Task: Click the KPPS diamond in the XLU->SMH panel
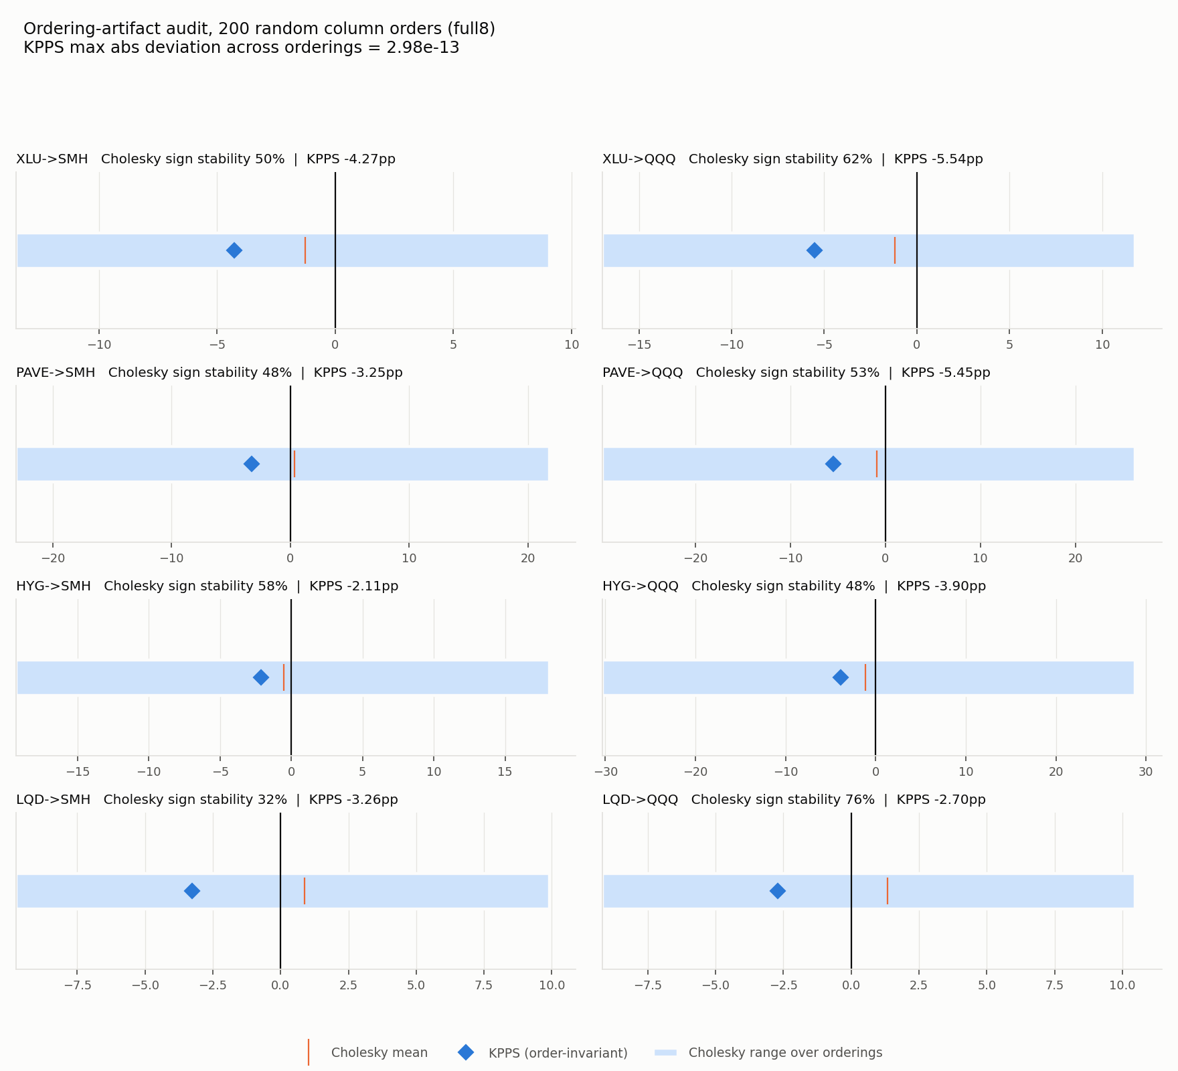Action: coord(234,250)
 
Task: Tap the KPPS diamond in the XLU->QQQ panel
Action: coord(815,250)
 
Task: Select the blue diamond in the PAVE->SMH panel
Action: coord(252,464)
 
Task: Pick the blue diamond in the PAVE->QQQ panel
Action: coord(833,464)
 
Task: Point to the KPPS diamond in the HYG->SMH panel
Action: coord(261,677)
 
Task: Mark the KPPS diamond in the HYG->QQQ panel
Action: coord(841,677)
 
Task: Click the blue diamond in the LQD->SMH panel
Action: coord(192,891)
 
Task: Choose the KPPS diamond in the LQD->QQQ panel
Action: coord(778,891)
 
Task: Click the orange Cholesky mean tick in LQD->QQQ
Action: coord(888,891)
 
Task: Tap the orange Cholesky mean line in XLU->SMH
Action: coord(305,250)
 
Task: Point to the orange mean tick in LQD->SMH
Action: coord(305,891)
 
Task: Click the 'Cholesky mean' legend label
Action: coord(380,1053)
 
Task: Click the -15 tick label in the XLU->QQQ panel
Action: coord(639,345)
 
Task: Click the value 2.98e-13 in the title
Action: coord(423,48)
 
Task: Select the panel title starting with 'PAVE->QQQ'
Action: coord(796,373)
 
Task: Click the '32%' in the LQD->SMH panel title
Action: coord(273,800)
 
